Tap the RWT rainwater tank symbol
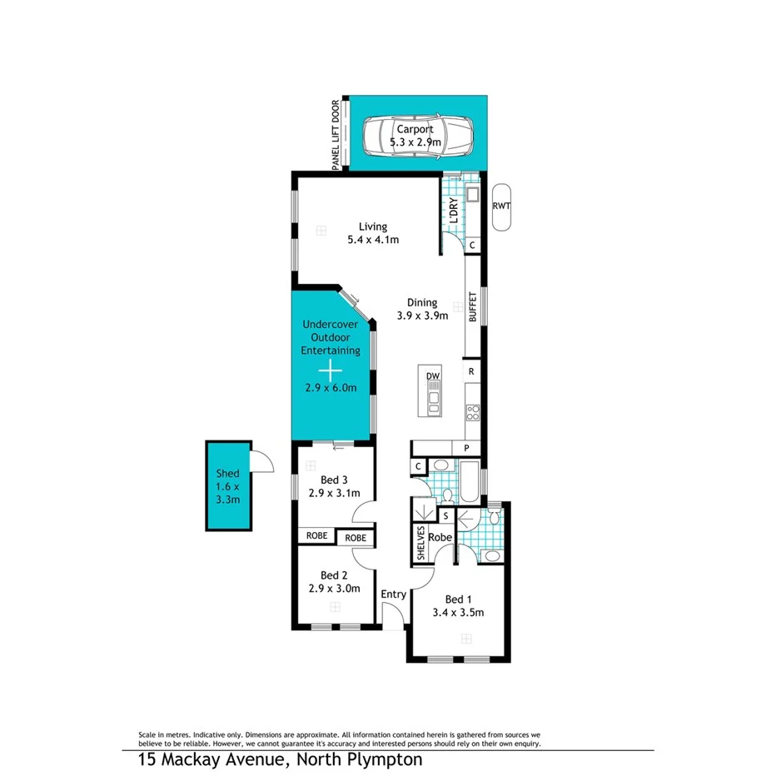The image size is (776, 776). click(x=501, y=206)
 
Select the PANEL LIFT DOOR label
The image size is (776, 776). click(x=336, y=136)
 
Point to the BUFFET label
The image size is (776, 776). click(x=473, y=306)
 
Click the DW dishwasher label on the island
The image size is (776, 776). click(x=433, y=376)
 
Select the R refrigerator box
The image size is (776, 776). click(x=472, y=371)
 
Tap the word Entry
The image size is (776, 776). click(x=393, y=594)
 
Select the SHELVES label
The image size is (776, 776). click(x=422, y=543)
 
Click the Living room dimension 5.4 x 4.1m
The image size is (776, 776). click(x=373, y=240)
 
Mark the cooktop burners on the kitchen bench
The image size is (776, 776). click(x=472, y=410)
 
